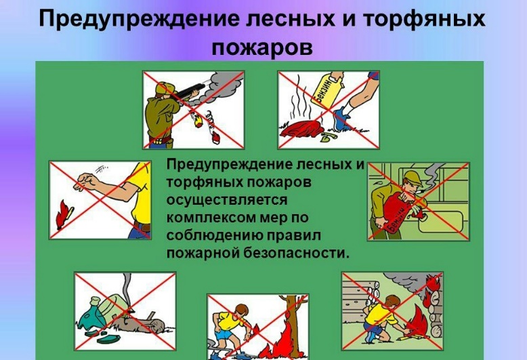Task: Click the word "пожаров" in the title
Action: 262,47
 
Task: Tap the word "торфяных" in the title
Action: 425,20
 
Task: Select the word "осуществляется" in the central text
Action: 227,200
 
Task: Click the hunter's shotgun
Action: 189,91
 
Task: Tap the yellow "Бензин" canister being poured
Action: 325,89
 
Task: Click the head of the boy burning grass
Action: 242,311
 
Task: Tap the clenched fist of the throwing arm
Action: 84,181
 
